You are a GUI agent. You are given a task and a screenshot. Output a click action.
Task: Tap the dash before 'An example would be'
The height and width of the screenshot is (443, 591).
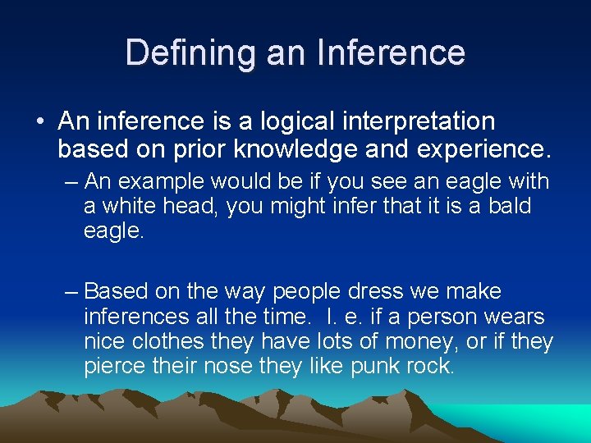click(71, 180)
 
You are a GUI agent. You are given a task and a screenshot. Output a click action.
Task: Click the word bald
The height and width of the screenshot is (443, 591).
click(510, 206)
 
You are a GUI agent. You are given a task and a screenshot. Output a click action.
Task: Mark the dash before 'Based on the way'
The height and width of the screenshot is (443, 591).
click(71, 292)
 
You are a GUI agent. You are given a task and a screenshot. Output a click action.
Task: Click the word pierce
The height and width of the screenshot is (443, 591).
click(115, 366)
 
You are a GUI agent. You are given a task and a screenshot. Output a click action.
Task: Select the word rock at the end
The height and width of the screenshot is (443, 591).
click(432, 366)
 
